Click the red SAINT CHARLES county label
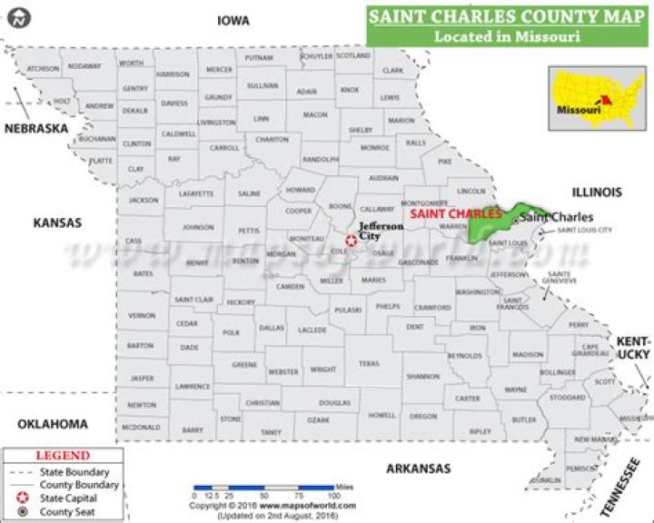click(455, 213)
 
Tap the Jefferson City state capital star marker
click(351, 241)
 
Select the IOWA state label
click(233, 20)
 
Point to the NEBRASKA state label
click(36, 129)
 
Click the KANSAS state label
click(57, 222)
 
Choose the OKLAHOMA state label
click(53, 424)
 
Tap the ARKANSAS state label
click(419, 469)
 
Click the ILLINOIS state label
click(597, 192)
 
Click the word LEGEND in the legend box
click(62, 456)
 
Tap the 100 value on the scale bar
click(333, 496)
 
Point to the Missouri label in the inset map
click(579, 110)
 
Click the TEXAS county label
click(368, 363)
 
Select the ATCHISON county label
click(43, 69)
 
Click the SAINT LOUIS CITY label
click(584, 231)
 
